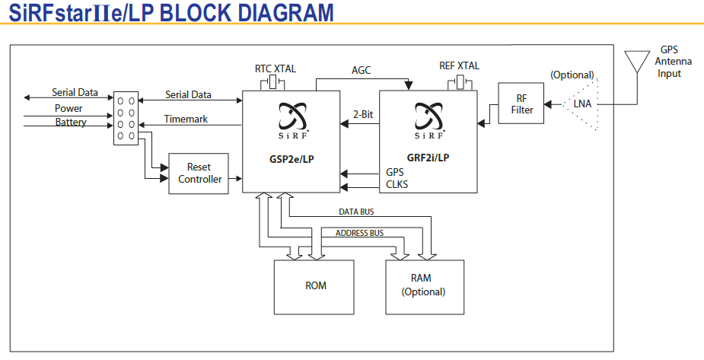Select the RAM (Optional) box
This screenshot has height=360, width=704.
(425, 285)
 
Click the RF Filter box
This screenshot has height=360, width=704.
(521, 104)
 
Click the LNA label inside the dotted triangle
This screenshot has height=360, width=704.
(582, 104)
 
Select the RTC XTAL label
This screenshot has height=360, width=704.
(275, 68)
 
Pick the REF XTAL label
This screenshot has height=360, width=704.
(459, 66)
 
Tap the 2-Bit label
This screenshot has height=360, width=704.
(364, 116)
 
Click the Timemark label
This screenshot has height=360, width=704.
(186, 119)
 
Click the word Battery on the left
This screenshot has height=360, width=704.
(71, 123)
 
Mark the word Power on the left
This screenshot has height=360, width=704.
(68, 109)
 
